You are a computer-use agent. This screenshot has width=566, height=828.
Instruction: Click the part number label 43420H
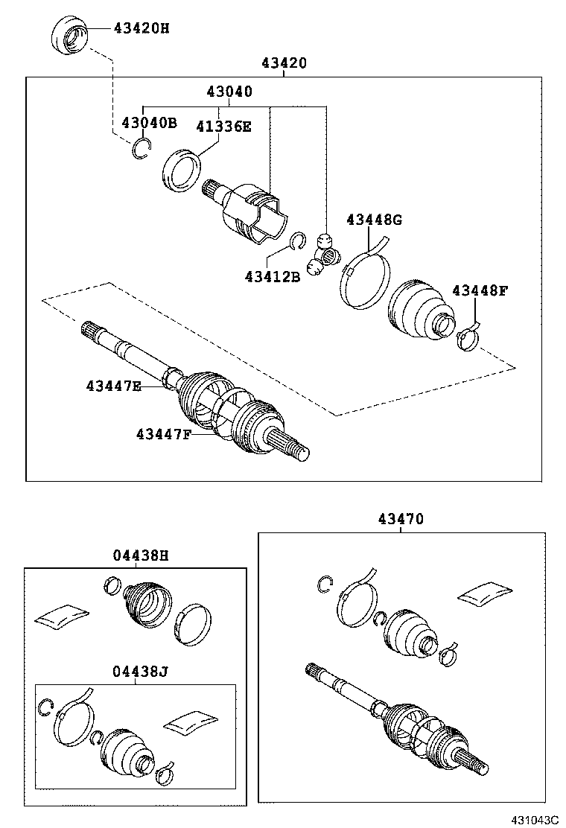click(141, 28)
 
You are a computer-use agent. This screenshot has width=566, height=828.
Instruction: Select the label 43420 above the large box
click(284, 63)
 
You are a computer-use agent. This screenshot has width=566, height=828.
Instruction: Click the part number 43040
click(229, 92)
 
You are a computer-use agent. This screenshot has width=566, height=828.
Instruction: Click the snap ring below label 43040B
click(140, 150)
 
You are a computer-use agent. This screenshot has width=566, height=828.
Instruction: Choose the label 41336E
click(223, 126)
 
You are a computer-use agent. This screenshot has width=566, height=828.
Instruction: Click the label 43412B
click(272, 277)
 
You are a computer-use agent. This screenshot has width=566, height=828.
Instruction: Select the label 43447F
click(163, 433)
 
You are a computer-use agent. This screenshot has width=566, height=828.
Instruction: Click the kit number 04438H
click(141, 555)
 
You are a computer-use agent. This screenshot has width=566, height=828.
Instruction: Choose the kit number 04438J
click(141, 671)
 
